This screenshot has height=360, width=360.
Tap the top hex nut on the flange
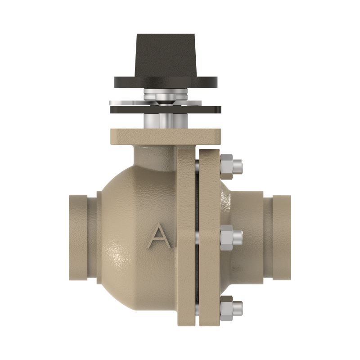pos(227,166)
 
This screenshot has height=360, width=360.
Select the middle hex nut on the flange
pos(227,238)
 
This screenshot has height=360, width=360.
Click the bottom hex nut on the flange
pos(227,308)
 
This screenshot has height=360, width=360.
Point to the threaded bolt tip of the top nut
pos(238,166)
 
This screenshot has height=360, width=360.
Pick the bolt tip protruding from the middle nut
pos(238,238)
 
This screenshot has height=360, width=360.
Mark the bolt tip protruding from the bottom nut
pos(238,308)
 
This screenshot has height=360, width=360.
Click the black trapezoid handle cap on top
pos(166,55)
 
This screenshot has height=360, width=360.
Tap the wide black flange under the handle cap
pos(166,82)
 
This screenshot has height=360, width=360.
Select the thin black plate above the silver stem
pos(165,110)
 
